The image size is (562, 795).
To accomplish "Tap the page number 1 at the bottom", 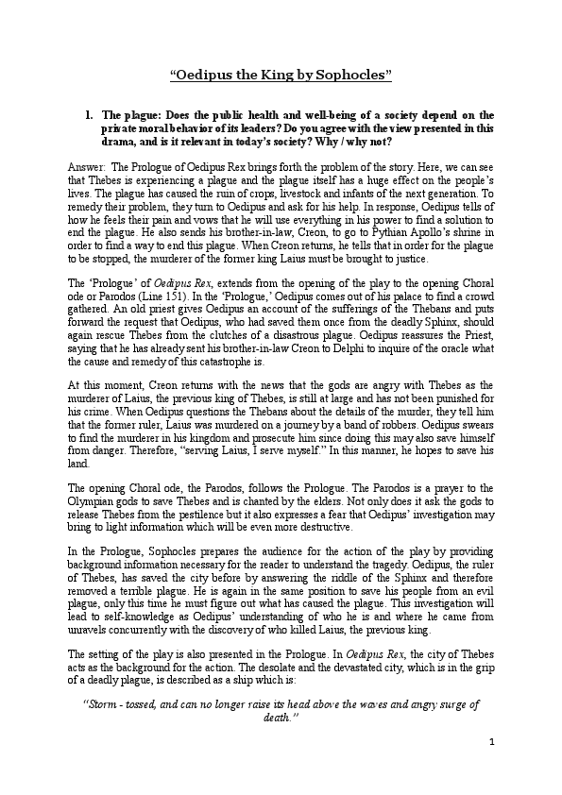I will [x=493, y=741].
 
